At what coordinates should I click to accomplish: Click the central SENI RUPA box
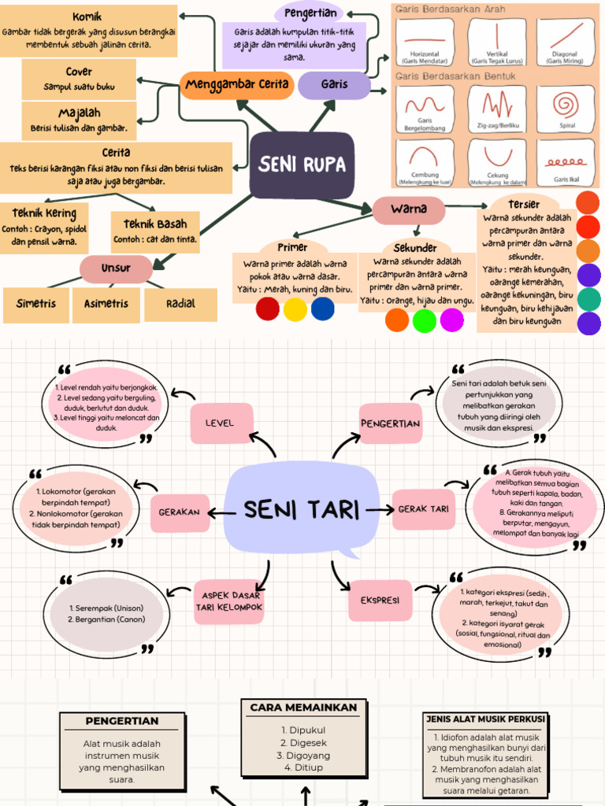coord(302,165)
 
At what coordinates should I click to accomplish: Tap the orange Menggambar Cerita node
coord(236,85)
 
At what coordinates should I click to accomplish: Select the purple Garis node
coord(334,85)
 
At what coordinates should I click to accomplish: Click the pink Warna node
coord(408,209)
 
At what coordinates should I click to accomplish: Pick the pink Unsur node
coord(116,268)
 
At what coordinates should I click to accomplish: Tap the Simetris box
coord(36,304)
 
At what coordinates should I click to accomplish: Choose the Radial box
coord(180,304)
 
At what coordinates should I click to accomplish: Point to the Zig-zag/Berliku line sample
coord(498,105)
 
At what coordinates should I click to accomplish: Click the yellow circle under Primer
coord(295,309)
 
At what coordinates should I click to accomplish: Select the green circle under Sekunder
coord(424,320)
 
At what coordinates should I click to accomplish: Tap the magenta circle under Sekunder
coord(452,320)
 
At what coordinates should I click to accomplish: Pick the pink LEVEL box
coord(221,423)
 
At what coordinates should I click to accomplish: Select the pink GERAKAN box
coord(180,512)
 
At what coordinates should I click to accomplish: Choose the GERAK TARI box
coord(423,509)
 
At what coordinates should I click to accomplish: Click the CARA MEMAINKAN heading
coord(303,708)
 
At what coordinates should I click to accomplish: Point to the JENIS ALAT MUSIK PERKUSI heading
coord(484,719)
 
